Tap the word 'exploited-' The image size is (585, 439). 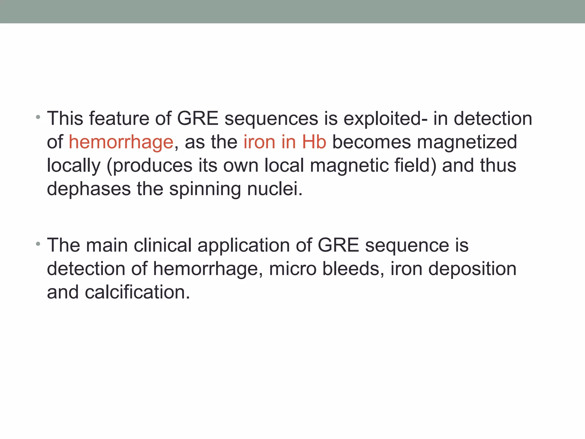point(386,118)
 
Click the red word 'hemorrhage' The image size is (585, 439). point(121,142)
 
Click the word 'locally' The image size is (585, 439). point(74,166)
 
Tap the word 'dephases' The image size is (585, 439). point(89,189)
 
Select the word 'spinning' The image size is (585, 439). point(205,189)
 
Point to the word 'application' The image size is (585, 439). point(243,246)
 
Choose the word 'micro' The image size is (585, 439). point(292,269)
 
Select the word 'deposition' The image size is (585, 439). point(472,269)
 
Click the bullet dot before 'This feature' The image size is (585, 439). point(38,117)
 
